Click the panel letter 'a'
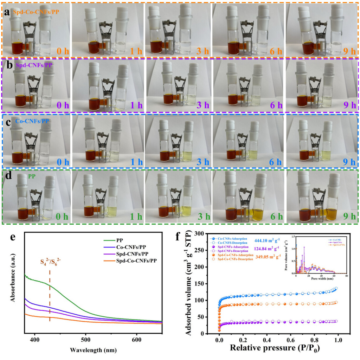[x=7, y=13]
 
